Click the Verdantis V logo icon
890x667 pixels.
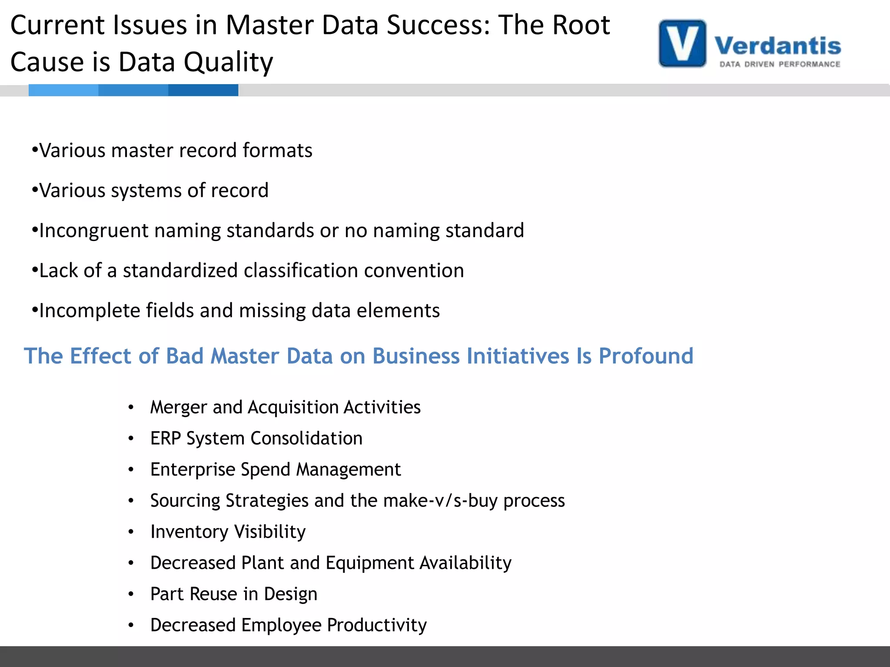click(x=682, y=43)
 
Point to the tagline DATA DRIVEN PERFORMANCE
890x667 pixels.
click(x=780, y=64)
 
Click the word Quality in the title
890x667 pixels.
click(x=228, y=62)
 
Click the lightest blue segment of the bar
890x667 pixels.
click(x=63, y=90)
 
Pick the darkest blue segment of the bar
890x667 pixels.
click(x=203, y=90)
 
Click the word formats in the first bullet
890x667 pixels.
click(x=277, y=151)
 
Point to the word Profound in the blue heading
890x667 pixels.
click(x=646, y=356)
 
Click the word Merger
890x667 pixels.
click(x=178, y=407)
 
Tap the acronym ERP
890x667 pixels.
click(x=165, y=439)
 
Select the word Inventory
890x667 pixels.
click(x=189, y=532)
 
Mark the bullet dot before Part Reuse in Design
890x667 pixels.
click(x=131, y=594)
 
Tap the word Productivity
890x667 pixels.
click(x=377, y=625)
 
